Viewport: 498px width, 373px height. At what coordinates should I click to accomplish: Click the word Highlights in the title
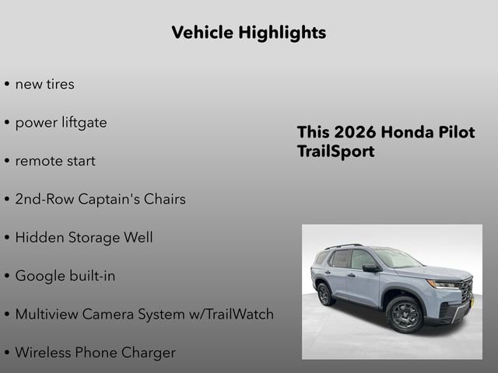tap(282, 33)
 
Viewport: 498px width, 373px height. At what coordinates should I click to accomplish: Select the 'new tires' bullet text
tap(44, 84)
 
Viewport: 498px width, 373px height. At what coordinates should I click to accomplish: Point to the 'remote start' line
tap(55, 161)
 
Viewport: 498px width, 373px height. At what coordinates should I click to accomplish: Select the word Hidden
tap(40, 237)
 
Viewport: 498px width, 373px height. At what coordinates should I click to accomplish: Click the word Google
tap(41, 276)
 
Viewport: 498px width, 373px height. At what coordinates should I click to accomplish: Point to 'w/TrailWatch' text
tap(231, 314)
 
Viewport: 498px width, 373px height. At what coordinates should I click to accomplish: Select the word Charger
tap(149, 352)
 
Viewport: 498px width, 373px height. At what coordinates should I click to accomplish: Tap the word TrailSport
tap(335, 152)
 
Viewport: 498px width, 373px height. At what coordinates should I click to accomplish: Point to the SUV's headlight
tap(444, 284)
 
